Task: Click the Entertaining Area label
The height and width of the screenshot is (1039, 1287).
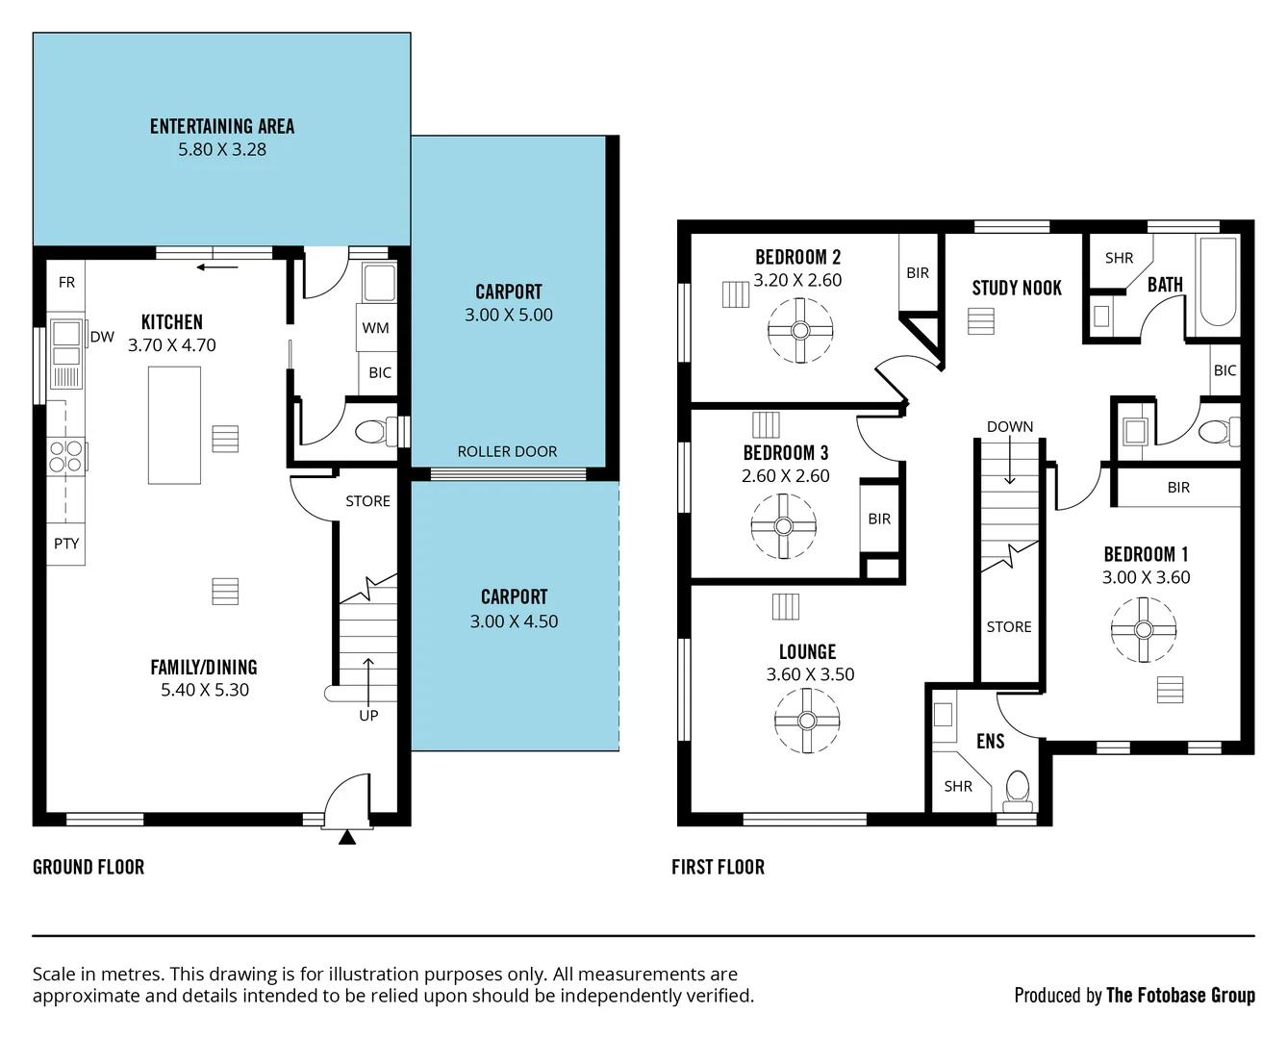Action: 222,126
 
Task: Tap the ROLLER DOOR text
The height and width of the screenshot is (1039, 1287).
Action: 507,451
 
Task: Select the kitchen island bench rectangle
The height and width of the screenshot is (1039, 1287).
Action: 174,424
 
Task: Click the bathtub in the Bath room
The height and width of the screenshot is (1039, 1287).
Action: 1218,284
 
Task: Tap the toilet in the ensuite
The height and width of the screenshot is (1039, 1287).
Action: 1017,788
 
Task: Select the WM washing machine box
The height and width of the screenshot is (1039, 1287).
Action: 375,328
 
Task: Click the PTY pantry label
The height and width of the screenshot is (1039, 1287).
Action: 66,544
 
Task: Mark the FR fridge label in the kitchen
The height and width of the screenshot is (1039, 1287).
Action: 66,282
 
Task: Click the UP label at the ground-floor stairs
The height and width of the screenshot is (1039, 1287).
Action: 368,715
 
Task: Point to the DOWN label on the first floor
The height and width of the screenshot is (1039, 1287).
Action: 1009,426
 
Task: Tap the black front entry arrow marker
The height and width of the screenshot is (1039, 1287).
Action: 347,838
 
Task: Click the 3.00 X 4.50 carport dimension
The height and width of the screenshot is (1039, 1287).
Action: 514,621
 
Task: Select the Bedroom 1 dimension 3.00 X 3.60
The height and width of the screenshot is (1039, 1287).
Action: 1146,577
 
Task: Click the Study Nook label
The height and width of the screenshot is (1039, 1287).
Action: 1017,288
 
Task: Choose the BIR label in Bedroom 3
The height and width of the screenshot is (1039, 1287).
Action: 879,519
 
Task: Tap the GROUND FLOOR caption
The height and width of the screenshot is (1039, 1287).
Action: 88,867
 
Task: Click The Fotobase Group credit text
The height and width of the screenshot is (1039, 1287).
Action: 1180,995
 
